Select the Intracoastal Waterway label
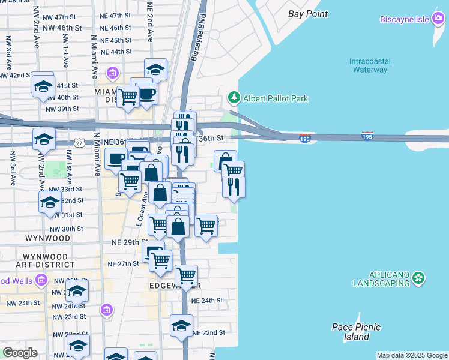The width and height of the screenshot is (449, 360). point(369,65)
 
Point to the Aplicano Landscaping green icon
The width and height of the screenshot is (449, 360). point(419,278)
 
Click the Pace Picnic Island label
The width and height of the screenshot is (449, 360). point(351,332)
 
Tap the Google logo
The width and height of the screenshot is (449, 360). point(20,353)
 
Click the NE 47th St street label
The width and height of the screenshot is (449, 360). point(116,15)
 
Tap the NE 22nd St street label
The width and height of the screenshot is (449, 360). point(209,332)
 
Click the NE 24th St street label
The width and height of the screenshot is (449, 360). point(206,300)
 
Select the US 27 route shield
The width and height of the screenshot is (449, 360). point(79,142)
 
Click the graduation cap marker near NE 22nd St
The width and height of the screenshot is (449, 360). point(181,326)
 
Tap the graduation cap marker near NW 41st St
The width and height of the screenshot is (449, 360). point(43,86)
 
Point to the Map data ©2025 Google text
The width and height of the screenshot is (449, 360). point(411,355)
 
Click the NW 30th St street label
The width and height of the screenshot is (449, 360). point(66,229)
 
